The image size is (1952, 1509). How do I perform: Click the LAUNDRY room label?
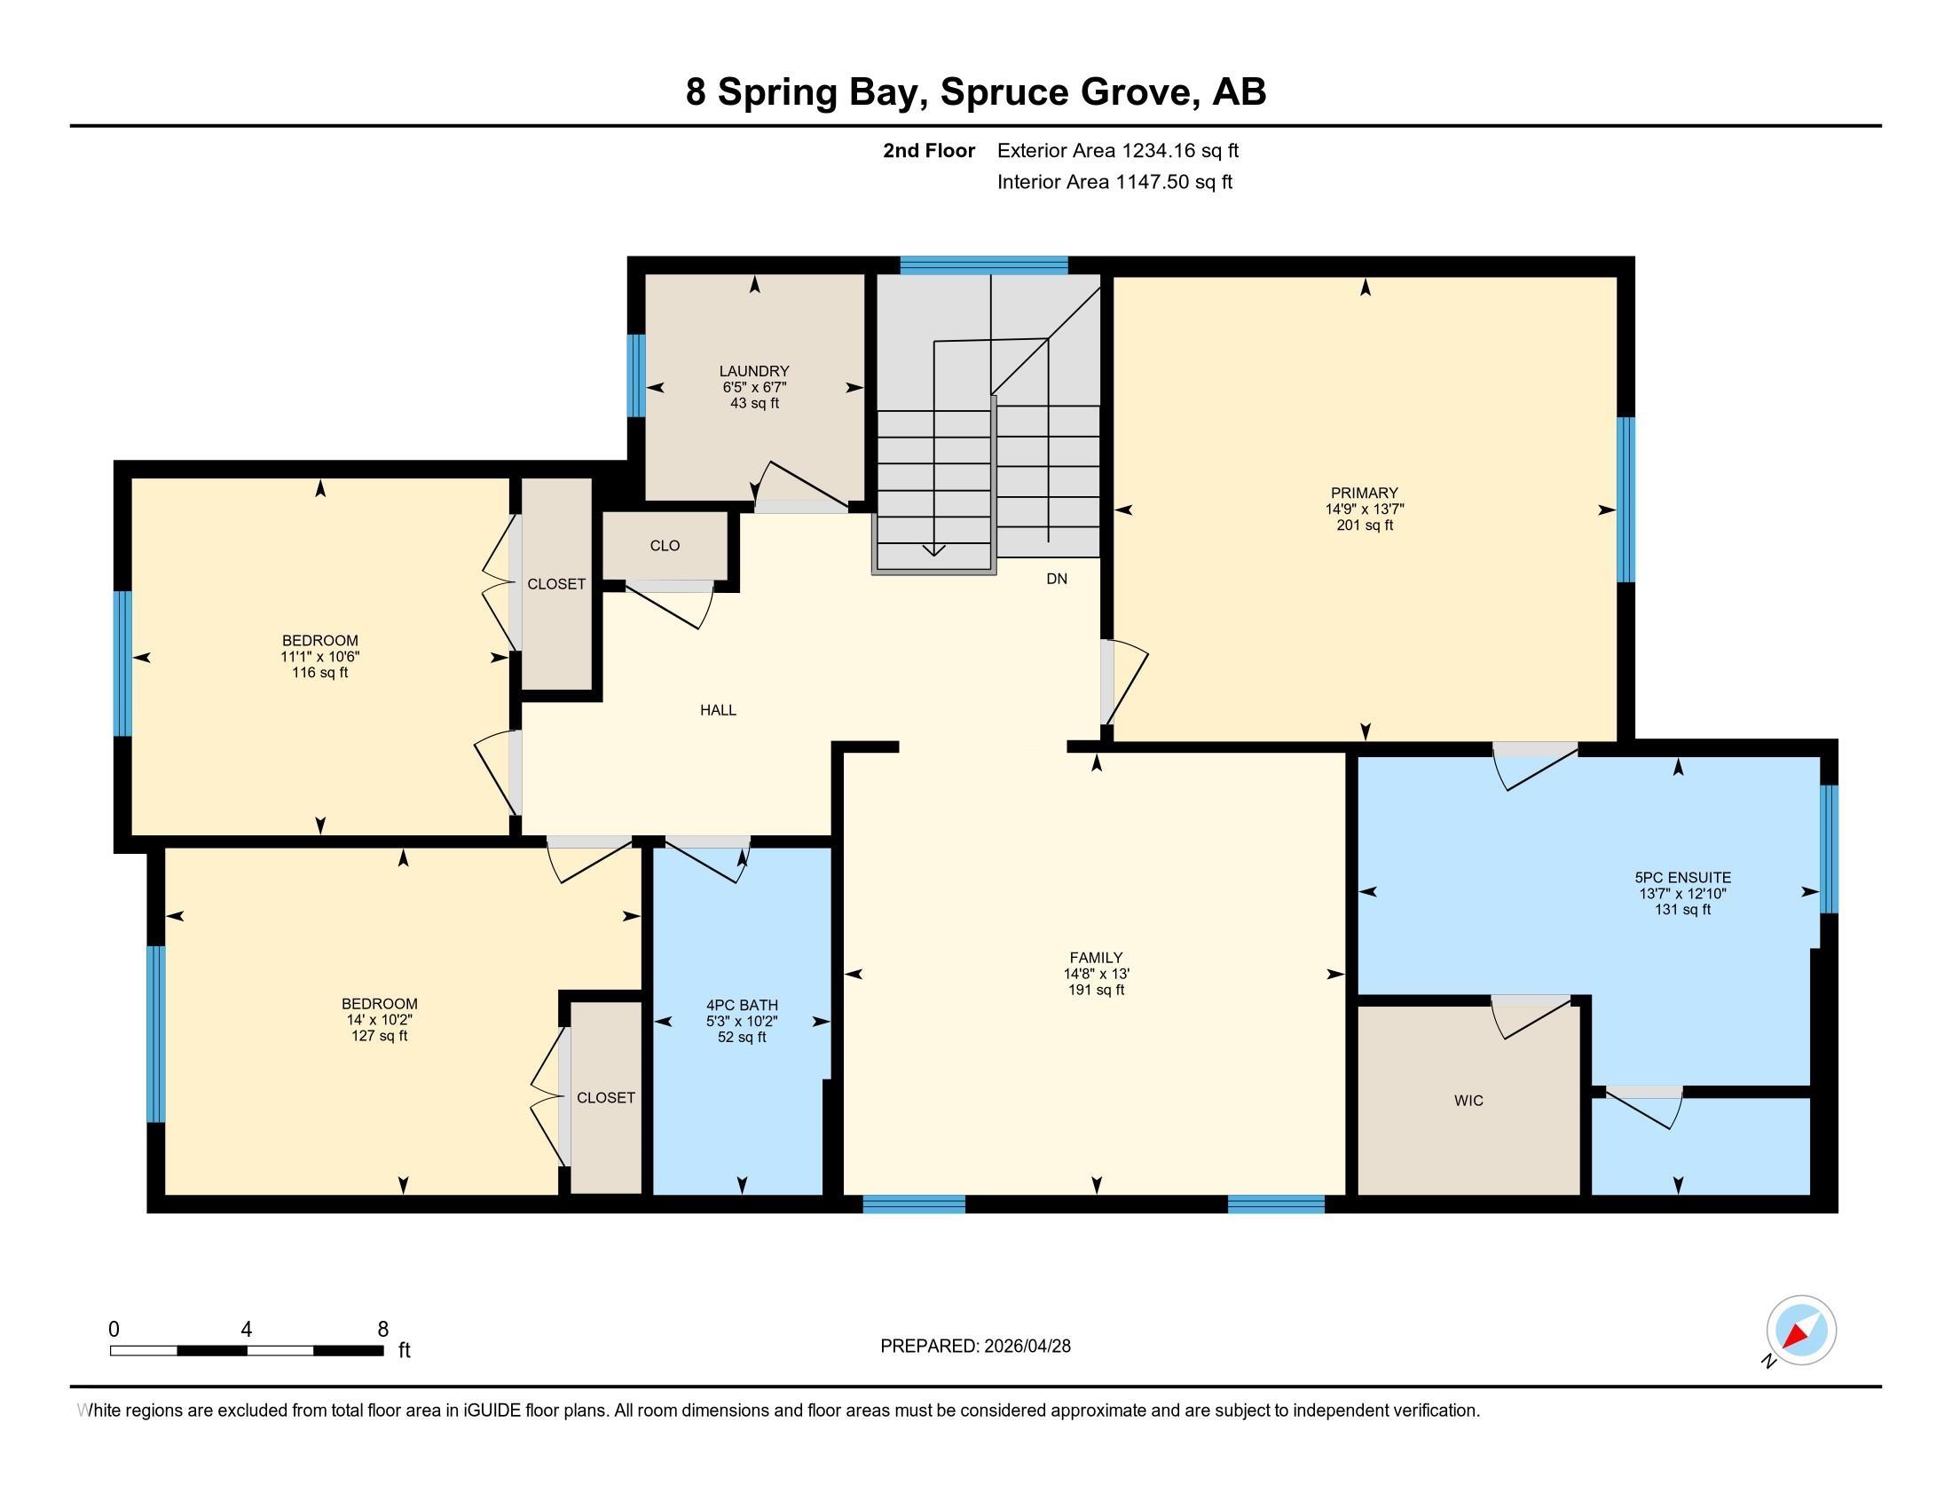coord(754,371)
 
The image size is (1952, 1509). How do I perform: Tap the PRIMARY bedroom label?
coord(1364,493)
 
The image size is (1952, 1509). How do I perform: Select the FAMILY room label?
coord(1096,958)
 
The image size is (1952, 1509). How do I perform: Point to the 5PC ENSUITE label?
coord(1683,878)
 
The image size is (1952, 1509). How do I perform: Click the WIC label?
coord(1468,1101)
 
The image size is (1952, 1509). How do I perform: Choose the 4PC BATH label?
coord(742,1005)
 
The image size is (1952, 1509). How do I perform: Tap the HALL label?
coord(718,710)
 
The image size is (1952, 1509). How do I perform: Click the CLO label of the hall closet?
coord(665,545)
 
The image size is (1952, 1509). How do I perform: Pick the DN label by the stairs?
coord(1057,579)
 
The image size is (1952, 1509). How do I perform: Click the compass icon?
coord(1801,1331)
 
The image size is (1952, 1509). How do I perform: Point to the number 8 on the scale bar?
coord(382,1330)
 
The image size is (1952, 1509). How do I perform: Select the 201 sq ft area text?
coord(1364,525)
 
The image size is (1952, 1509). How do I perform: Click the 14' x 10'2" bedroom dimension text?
coord(379,1019)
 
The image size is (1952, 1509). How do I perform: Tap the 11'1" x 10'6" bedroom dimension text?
coord(320,656)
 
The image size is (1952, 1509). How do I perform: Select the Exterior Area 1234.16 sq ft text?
coord(1118,150)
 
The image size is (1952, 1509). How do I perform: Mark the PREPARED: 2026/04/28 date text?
coord(975,1346)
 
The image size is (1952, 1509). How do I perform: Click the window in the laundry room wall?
coord(636,375)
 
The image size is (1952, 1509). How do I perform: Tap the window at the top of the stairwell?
coord(983,265)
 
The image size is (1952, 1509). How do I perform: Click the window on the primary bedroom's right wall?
coord(1626,500)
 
